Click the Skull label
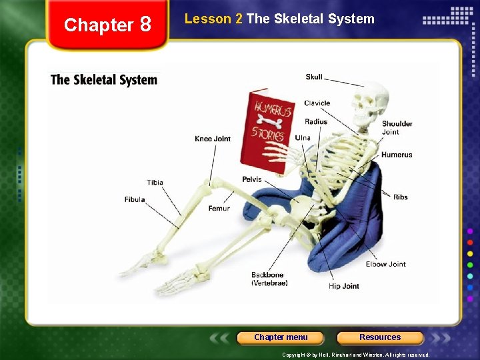pyautogui.click(x=313, y=77)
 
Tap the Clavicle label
pyautogui.click(x=317, y=103)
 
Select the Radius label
pyautogui.click(x=316, y=122)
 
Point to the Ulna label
pyautogui.click(x=303, y=138)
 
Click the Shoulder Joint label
pyautogui.click(x=397, y=127)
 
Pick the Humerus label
pyautogui.click(x=397, y=155)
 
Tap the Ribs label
pyautogui.click(x=400, y=197)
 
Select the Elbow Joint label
pyautogui.click(x=385, y=264)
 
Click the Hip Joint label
pyautogui.click(x=343, y=286)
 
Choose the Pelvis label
pyautogui.click(x=251, y=179)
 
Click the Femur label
pyautogui.click(x=219, y=209)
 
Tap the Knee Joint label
pyautogui.click(x=212, y=139)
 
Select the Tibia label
pyautogui.click(x=155, y=183)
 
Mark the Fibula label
pyautogui.click(x=134, y=200)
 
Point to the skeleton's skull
pyautogui.click(x=369, y=104)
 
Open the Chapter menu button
pyautogui.click(x=281, y=337)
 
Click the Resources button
pyautogui.click(x=380, y=337)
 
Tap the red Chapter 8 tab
pyautogui.click(x=107, y=25)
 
